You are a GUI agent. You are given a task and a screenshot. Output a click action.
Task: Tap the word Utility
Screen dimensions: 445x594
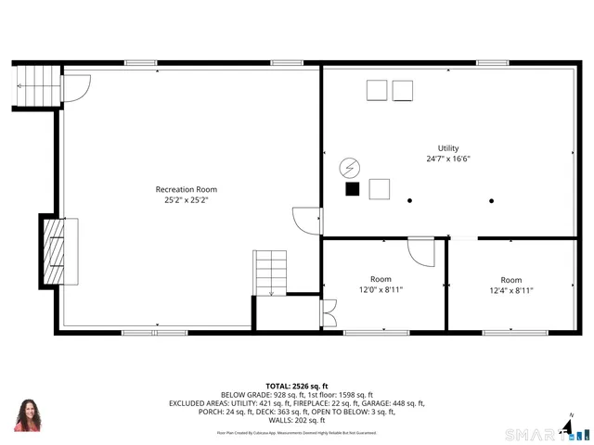pyautogui.click(x=448, y=148)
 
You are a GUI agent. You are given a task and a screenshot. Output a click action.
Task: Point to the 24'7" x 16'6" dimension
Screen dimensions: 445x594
pyautogui.click(x=448, y=159)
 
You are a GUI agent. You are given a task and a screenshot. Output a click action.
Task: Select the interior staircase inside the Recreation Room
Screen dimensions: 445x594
pyautogui.click(x=270, y=273)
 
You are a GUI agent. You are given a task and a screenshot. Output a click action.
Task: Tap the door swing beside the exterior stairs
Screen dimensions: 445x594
pyautogui.click(x=75, y=88)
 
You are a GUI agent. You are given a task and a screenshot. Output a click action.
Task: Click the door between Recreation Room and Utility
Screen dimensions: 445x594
pyautogui.click(x=305, y=220)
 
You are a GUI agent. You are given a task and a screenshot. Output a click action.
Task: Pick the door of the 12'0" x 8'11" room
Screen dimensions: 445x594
pyautogui.click(x=420, y=251)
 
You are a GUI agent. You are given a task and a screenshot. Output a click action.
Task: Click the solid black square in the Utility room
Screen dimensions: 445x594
pyautogui.click(x=352, y=189)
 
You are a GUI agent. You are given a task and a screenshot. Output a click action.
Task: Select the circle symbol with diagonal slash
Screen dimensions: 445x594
pyautogui.click(x=350, y=167)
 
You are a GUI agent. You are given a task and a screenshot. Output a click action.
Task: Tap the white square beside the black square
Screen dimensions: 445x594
pyautogui.click(x=380, y=189)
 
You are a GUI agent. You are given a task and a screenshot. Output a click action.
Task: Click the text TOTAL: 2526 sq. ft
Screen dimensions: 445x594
pyautogui.click(x=297, y=386)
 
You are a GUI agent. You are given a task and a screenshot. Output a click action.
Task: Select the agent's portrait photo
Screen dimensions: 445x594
pyautogui.click(x=28, y=415)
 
